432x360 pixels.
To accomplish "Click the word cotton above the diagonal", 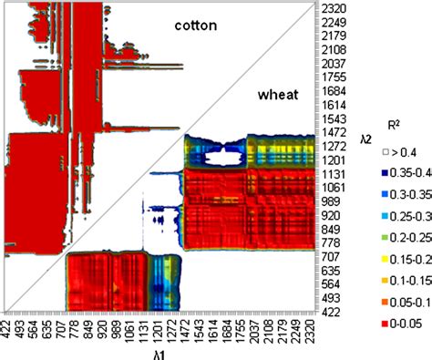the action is point(195,26).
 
